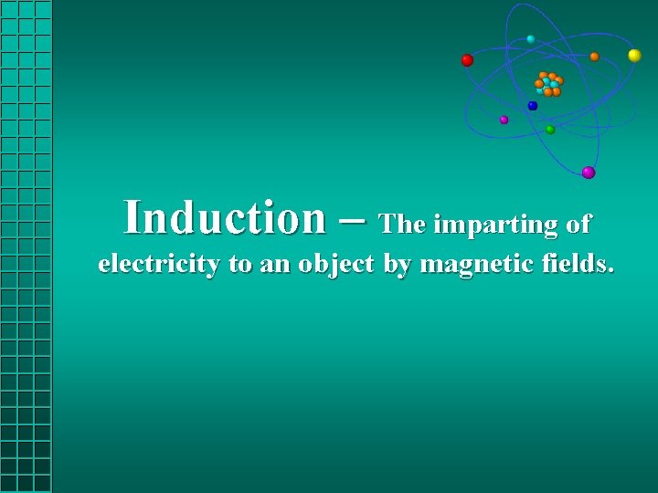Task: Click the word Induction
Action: point(224,218)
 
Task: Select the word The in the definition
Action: point(401,224)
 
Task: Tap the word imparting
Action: point(495,225)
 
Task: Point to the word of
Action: point(579,224)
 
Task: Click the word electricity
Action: point(159,265)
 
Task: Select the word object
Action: point(336,265)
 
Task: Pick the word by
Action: point(397,266)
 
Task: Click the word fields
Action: point(577,265)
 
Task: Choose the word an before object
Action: point(272,266)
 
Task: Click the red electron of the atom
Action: point(467,60)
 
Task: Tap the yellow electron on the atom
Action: point(634,56)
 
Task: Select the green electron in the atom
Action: point(550,130)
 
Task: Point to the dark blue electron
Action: point(533,106)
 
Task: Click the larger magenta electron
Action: point(589,173)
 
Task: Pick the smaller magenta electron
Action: point(504,120)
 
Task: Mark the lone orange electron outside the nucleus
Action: point(594,57)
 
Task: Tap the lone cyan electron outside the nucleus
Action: point(531,39)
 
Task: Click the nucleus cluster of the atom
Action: point(549,84)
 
